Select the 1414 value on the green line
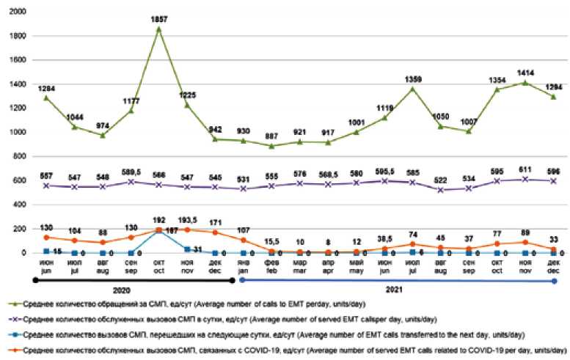coord(526,73)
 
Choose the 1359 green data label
coord(414,80)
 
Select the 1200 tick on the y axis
coord(17,108)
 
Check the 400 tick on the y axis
coord(20,204)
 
